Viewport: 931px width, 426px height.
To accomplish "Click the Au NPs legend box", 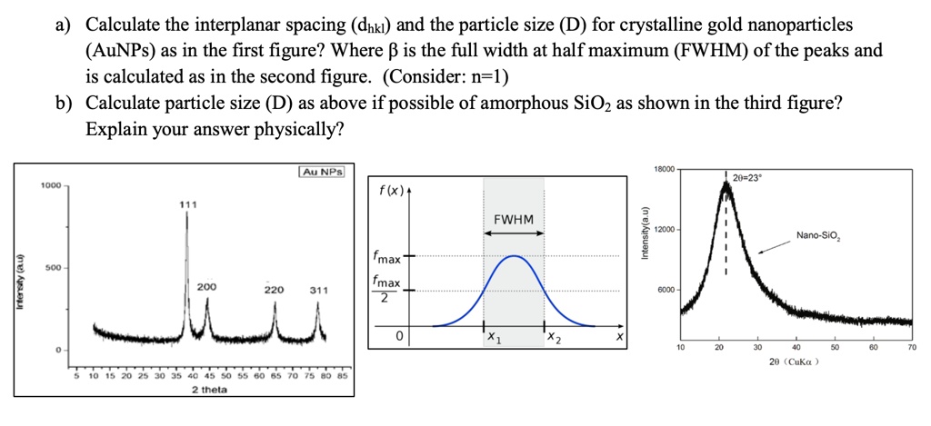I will click(x=321, y=172).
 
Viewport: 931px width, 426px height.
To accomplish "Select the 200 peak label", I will click(x=206, y=285).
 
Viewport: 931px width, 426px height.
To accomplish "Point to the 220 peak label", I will click(x=274, y=291).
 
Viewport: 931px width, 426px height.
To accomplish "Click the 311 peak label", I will click(x=318, y=291).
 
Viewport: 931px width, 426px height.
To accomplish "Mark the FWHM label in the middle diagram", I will click(x=514, y=220).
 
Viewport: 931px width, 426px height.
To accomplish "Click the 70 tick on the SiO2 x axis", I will click(x=911, y=347).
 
